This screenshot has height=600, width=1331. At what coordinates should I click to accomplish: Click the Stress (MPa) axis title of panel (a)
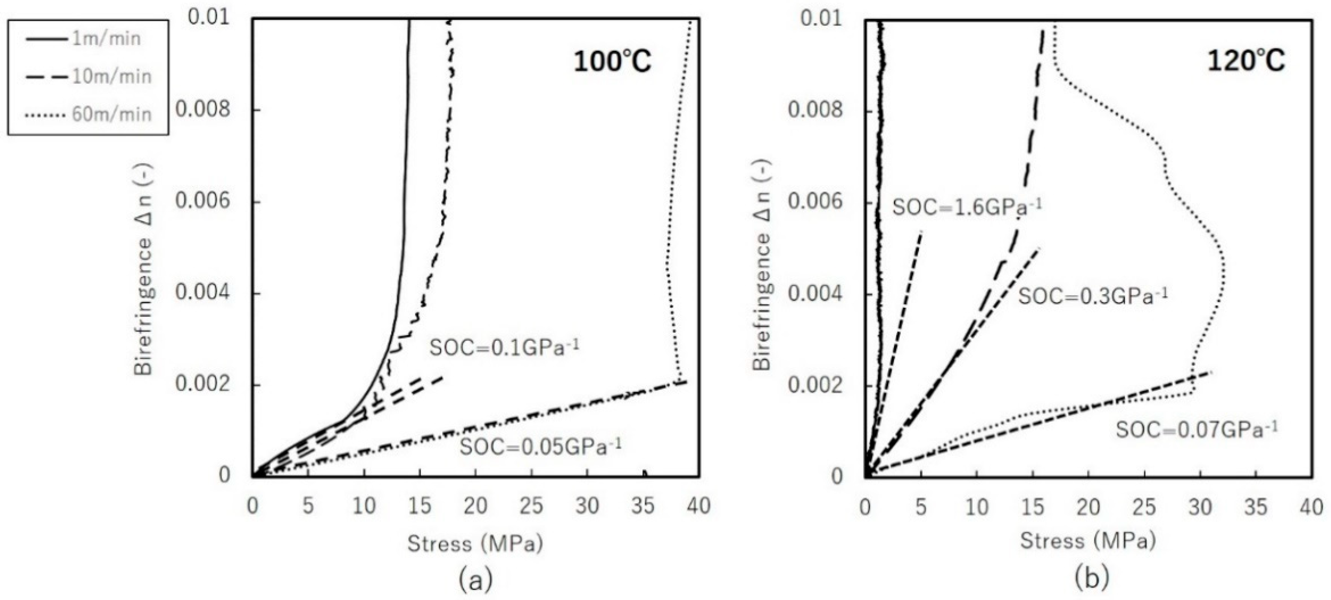pyautogui.click(x=475, y=544)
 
